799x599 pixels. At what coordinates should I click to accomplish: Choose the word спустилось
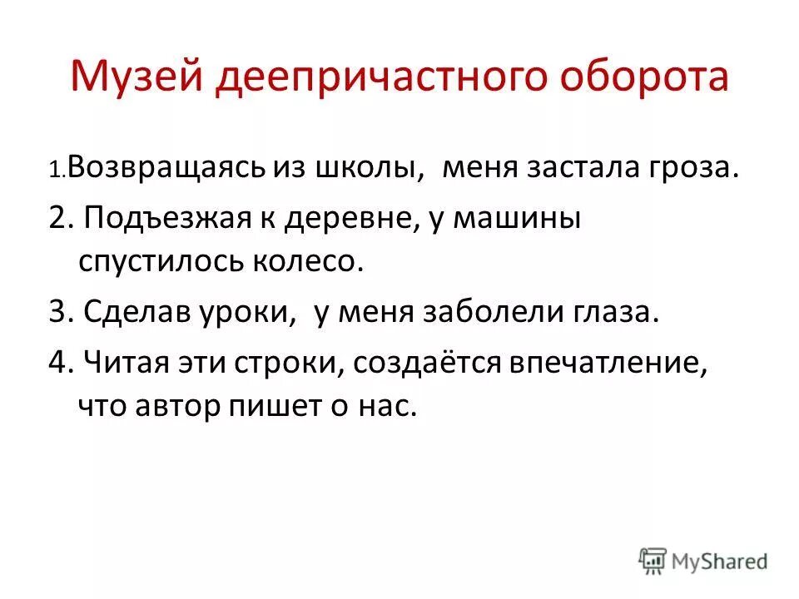[x=167, y=261]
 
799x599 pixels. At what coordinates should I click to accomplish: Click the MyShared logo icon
[x=653, y=560]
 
